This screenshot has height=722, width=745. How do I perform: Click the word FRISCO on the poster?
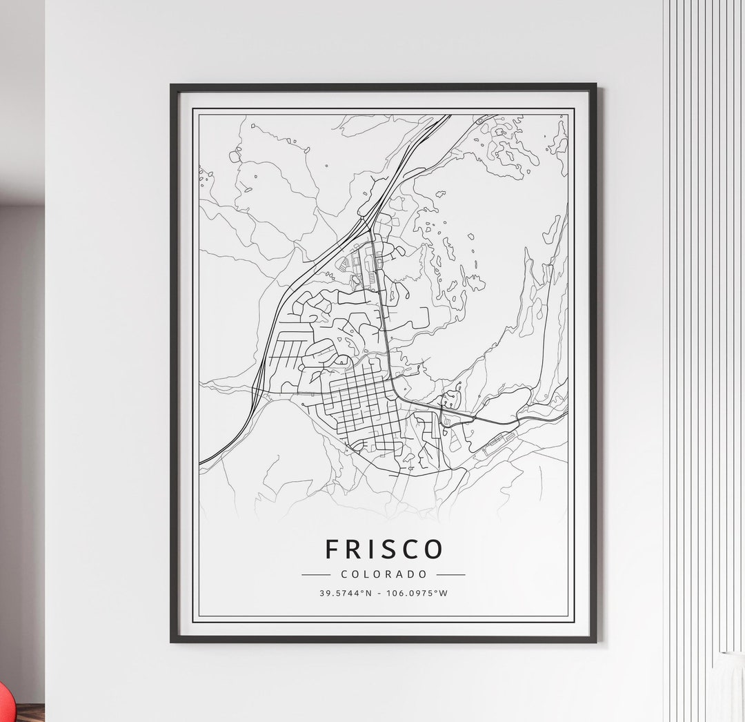coord(384,549)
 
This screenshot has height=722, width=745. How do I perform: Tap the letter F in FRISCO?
coord(332,549)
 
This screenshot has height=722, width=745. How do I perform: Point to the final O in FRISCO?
coord(433,549)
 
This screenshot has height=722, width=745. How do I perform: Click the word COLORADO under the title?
coord(384,574)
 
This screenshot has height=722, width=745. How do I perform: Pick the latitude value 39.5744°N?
coord(346,593)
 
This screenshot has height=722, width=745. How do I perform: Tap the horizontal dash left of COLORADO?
coord(317,574)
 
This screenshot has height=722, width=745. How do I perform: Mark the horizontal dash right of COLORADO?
coord(450,574)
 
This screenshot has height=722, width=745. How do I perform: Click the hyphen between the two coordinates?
coord(379,593)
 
